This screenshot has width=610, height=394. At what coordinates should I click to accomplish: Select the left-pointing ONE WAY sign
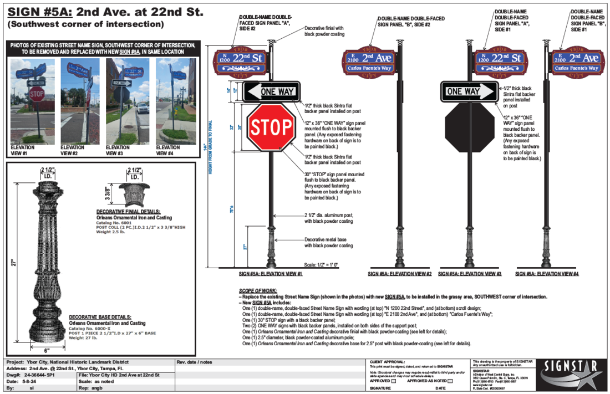[x=271, y=91]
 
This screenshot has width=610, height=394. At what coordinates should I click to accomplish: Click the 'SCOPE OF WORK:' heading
[x=258, y=291]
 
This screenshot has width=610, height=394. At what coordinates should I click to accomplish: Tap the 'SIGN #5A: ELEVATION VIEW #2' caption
[x=400, y=274]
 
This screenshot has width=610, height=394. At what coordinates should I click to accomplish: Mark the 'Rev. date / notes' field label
[x=194, y=362]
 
